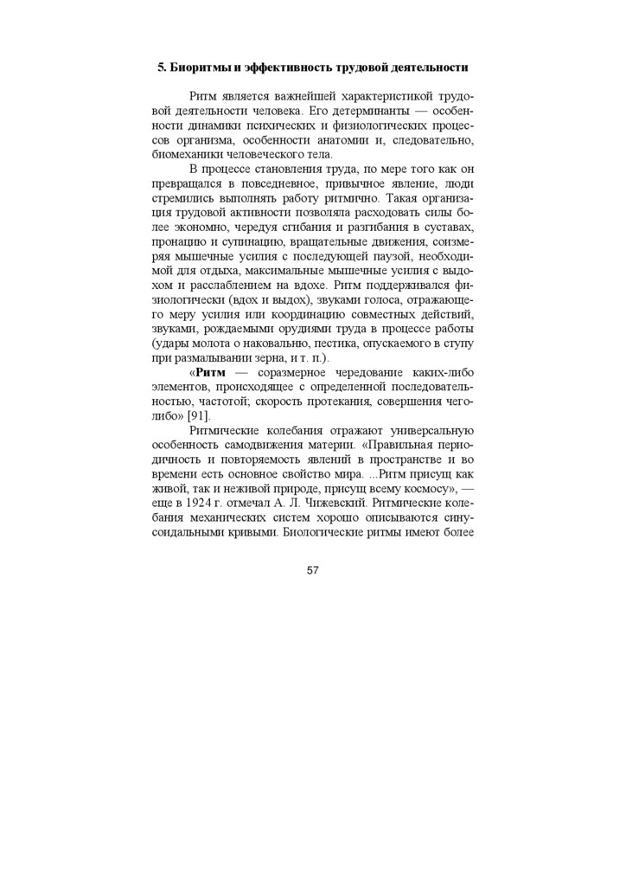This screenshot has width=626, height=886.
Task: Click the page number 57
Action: tap(313, 569)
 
